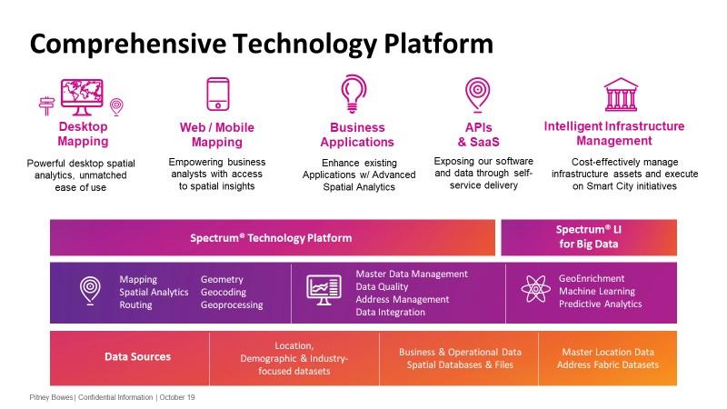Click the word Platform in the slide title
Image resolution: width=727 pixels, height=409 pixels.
coord(438,44)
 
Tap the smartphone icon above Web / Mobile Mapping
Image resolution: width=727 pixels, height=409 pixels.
coord(218,95)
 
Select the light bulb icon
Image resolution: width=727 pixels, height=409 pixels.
coord(354,94)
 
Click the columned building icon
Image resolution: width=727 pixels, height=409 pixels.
coord(621,95)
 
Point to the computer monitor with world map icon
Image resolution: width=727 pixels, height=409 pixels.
coord(82,97)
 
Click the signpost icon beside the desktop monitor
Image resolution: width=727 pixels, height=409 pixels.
coord(47,105)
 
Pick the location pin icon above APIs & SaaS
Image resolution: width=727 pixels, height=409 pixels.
coord(478,95)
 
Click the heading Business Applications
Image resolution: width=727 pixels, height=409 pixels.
coord(357,135)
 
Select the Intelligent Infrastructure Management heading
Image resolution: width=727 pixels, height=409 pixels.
coord(614,133)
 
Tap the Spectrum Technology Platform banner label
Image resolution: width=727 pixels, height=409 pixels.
coord(271,238)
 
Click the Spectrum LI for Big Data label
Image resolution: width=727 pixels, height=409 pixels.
coord(588,236)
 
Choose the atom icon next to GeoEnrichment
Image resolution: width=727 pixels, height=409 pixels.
coord(535,288)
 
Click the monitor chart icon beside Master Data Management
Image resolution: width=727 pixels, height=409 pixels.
coord(324,290)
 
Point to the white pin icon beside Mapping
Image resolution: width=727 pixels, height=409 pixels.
coord(90,290)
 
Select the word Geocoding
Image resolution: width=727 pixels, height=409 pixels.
coord(224,292)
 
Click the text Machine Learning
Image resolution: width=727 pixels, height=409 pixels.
coord(597,291)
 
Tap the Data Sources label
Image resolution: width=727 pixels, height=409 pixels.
coord(138,356)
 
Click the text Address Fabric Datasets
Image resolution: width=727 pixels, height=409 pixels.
coord(607,365)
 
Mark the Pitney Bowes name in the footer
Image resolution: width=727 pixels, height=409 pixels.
coord(51,397)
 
